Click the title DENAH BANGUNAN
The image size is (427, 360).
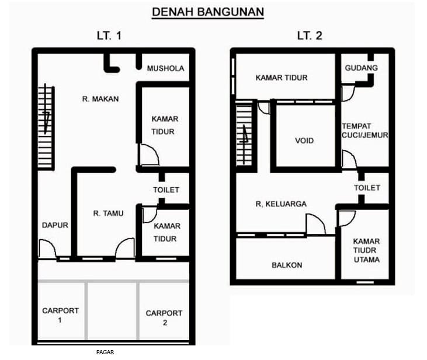tap(208, 12)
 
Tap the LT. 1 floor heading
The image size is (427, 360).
tap(109, 36)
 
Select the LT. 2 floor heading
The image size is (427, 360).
tap(310, 36)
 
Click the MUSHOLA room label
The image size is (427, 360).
tap(165, 68)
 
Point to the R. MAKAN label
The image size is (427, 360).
tap(100, 99)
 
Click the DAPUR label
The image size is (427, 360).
tap(55, 225)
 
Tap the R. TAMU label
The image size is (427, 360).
tap(109, 214)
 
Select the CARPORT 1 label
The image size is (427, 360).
tap(60, 315)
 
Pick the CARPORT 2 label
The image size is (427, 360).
tap(164, 318)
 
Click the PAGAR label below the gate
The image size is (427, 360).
tap(105, 352)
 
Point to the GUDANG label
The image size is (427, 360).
tap(362, 68)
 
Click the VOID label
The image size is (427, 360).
tap(304, 141)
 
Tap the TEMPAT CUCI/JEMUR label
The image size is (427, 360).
tap(364, 131)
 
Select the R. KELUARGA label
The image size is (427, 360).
tap(281, 204)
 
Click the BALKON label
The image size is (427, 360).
tap(287, 265)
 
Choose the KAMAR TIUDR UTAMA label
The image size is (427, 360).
tap(367, 250)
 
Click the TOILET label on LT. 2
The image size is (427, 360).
tap(367, 188)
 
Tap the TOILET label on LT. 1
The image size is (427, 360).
tap(166, 190)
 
